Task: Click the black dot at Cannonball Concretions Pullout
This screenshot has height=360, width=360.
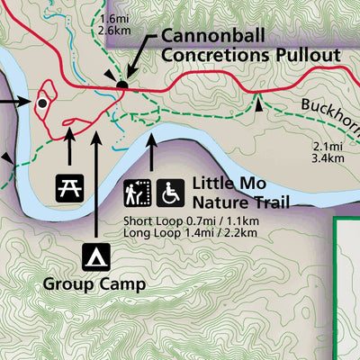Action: click(x=122, y=85)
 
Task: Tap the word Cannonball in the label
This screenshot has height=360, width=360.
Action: click(x=208, y=36)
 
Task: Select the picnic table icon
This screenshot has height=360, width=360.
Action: click(x=69, y=187)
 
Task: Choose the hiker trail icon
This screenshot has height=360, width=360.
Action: click(x=138, y=192)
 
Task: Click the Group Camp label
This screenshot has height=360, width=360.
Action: click(x=94, y=285)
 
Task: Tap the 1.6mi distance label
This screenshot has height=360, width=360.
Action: click(x=116, y=18)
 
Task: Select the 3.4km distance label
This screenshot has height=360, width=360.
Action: click(x=327, y=159)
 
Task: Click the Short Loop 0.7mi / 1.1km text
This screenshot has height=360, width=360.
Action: click(x=190, y=220)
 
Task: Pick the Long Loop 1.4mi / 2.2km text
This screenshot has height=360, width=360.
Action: click(x=190, y=233)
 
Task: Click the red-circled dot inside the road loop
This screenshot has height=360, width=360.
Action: click(x=41, y=103)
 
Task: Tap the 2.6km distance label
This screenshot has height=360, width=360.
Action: click(x=116, y=30)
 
